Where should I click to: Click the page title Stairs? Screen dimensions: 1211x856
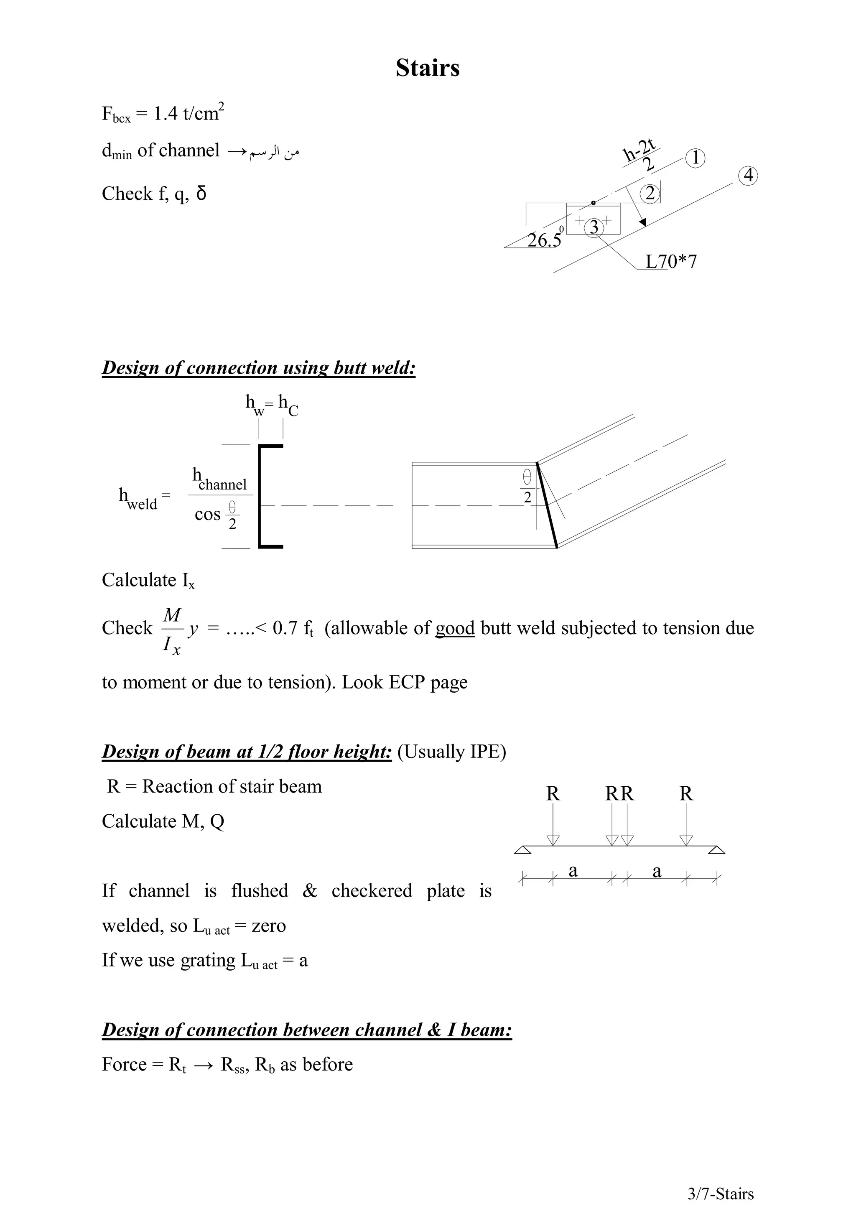(x=427, y=68)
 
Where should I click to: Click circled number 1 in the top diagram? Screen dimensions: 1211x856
(x=695, y=158)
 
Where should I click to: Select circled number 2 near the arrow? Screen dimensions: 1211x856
(x=650, y=194)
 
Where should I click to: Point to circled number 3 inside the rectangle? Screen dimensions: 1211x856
(x=594, y=227)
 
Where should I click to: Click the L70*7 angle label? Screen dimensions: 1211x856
(x=671, y=262)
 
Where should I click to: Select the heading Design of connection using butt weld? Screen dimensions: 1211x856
(x=258, y=367)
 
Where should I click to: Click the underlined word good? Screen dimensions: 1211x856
(x=455, y=628)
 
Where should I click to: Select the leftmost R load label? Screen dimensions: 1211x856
(x=552, y=794)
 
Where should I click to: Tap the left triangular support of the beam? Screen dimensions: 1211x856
(x=522, y=850)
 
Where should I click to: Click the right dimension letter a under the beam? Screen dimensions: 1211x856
(x=656, y=871)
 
